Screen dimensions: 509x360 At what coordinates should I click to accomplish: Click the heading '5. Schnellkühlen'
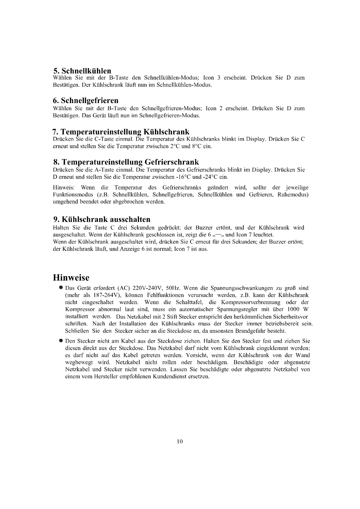(82, 70)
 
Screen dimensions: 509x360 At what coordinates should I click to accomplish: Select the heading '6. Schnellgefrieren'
(86, 101)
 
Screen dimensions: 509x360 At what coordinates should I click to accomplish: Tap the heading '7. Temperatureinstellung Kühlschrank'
(121, 131)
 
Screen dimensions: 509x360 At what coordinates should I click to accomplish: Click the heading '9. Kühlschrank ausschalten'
(101, 220)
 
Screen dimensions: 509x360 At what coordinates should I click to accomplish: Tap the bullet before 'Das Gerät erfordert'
(60, 288)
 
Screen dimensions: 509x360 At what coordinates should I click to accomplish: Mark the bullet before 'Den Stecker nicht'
(60, 341)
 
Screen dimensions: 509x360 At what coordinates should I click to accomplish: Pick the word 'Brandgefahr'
(245, 331)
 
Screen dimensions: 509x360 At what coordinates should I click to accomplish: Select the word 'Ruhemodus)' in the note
(295, 195)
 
